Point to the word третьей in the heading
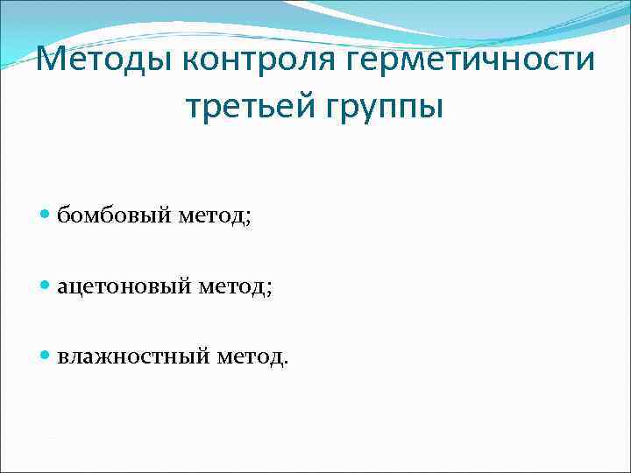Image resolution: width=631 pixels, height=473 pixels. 251,108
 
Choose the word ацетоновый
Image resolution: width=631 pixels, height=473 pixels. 122,286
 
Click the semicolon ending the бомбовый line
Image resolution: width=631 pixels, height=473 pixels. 248,217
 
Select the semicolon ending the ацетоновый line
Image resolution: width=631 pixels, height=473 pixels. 269,289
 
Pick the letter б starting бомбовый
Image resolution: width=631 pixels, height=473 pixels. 64,214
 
